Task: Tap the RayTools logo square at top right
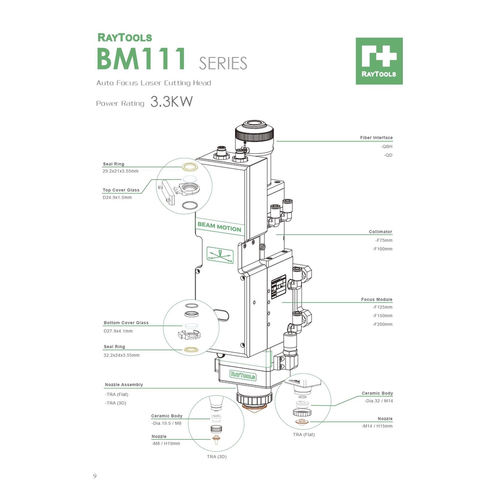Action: click(x=379, y=61)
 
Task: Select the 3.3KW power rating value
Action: click(x=171, y=102)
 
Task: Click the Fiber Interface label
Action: click(x=376, y=138)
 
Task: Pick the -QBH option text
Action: click(x=386, y=146)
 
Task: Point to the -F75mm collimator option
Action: click(x=384, y=240)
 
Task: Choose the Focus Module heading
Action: click(x=377, y=300)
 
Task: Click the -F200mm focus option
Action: click(x=383, y=324)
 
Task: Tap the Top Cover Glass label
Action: click(x=121, y=190)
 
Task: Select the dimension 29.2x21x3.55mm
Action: click(x=121, y=171)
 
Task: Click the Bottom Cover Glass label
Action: click(x=126, y=323)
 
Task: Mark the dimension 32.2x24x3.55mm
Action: click(x=122, y=355)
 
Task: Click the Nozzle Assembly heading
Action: click(x=124, y=385)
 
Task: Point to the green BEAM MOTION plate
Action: click(x=219, y=227)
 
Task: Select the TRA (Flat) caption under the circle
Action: click(x=304, y=435)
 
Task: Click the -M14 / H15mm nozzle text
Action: click(x=377, y=426)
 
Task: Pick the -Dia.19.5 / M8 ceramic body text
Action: click(x=166, y=423)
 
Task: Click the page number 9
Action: click(x=95, y=477)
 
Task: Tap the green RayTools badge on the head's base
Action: click(x=243, y=375)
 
